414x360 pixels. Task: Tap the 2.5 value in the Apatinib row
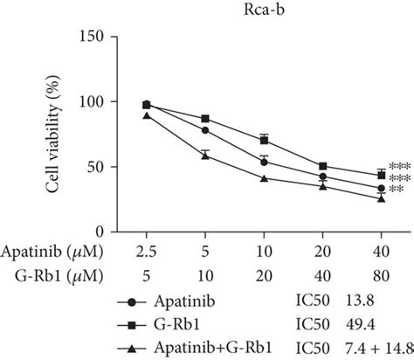tap(146, 252)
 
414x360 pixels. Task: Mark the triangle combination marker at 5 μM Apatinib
tap(205, 155)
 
